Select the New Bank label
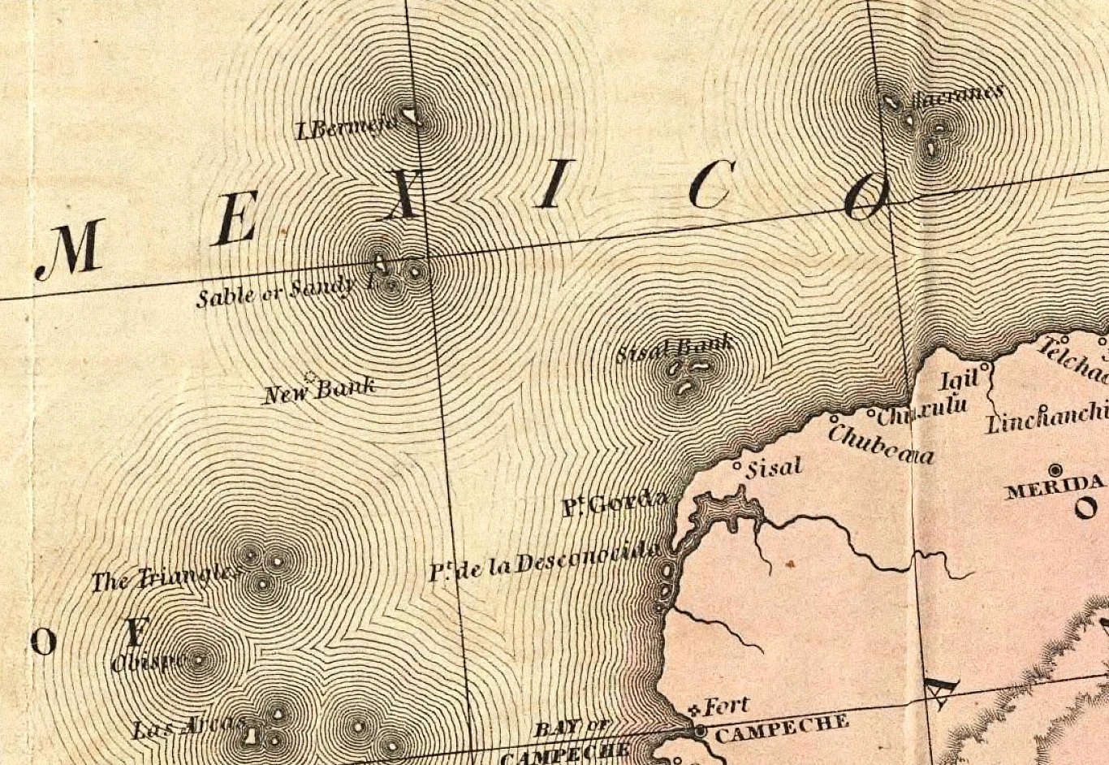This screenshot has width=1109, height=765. (320, 391)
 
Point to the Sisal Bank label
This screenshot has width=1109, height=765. (674, 349)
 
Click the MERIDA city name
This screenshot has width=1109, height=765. (1055, 488)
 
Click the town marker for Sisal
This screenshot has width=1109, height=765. (737, 467)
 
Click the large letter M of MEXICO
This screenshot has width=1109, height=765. (71, 249)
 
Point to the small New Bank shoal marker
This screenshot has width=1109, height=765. (309, 376)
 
